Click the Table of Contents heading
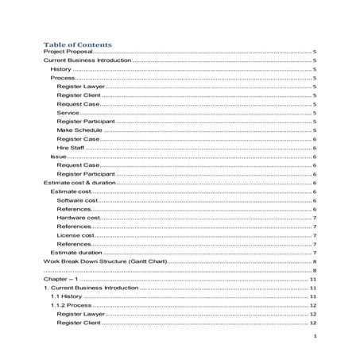point(77,44)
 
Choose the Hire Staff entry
point(70,148)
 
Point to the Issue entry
point(58,157)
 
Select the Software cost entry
point(77,200)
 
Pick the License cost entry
point(75,235)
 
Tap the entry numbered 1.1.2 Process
point(71,306)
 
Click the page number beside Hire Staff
point(315,148)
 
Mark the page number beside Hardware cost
point(315,218)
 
